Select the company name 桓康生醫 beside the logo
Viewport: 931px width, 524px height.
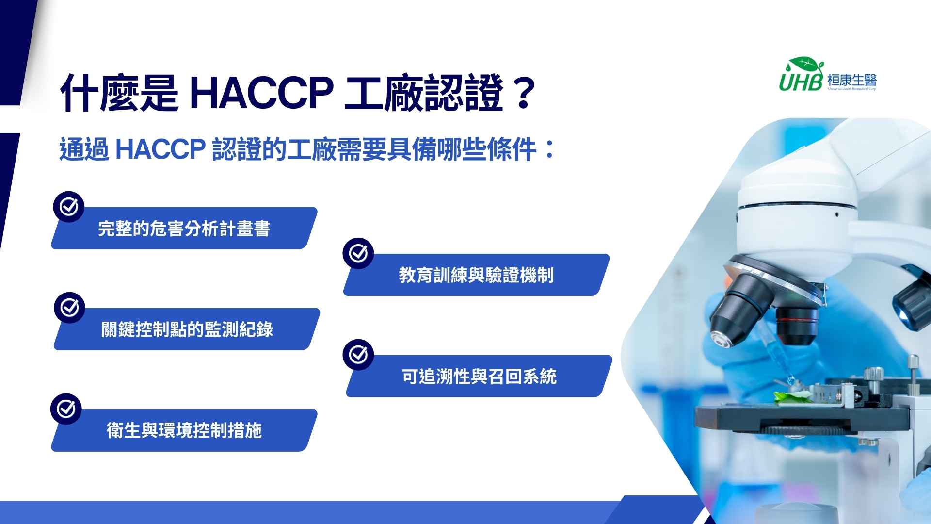(852, 80)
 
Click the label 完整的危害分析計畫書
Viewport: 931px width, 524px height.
(184, 229)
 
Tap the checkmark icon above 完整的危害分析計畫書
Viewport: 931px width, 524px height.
(68, 207)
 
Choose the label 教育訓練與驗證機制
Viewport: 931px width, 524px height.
(476, 275)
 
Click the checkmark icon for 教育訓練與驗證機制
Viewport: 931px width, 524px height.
(358, 253)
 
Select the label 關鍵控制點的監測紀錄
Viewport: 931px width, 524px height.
(187, 329)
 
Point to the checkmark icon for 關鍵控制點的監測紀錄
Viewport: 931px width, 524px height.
(69, 308)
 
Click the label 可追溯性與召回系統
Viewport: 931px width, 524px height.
(479, 376)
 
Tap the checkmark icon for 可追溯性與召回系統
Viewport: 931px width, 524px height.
(358, 355)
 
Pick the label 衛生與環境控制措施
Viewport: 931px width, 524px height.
(184, 430)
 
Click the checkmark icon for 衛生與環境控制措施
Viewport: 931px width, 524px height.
(66, 409)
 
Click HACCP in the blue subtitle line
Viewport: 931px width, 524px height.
(161, 149)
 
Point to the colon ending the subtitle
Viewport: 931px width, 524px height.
(549, 149)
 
